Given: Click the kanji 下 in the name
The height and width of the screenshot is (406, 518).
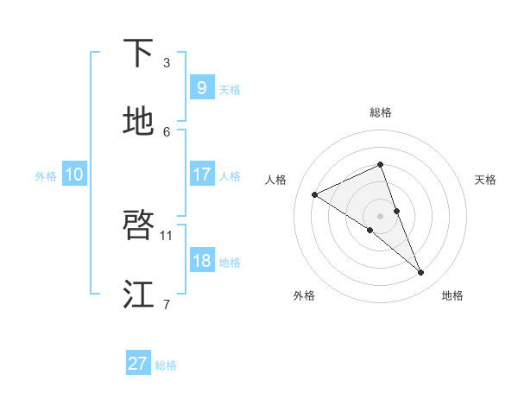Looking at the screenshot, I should tap(139, 54).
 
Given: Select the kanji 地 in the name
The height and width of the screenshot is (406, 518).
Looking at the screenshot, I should tap(139, 123).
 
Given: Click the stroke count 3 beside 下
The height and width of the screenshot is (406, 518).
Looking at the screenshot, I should tap(167, 62).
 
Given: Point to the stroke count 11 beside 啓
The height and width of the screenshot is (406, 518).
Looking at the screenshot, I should tap(167, 235).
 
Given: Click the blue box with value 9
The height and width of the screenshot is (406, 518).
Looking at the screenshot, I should tap(201, 88).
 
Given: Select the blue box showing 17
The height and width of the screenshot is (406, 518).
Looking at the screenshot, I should tap(201, 174).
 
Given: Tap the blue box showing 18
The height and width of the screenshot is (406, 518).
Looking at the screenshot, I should tap(201, 261).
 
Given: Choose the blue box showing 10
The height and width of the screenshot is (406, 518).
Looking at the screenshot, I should tap(73, 174).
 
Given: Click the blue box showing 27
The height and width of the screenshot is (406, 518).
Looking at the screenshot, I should tap(138, 364).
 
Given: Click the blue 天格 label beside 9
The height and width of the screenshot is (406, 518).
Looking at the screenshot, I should tap(230, 90).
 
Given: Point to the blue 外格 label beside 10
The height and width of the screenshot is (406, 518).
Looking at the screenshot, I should tap(46, 176).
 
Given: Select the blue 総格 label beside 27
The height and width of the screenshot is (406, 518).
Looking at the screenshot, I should tap(166, 365).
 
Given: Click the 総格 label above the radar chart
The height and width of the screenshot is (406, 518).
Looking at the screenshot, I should tap(380, 112).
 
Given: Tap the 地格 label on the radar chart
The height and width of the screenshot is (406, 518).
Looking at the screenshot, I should tap(452, 295).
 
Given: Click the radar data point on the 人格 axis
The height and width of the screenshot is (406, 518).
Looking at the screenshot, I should tap(315, 194).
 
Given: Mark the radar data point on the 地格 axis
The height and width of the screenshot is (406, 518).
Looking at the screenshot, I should tap(421, 273).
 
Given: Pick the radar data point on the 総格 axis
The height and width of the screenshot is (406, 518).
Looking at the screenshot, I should tap(380, 164).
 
